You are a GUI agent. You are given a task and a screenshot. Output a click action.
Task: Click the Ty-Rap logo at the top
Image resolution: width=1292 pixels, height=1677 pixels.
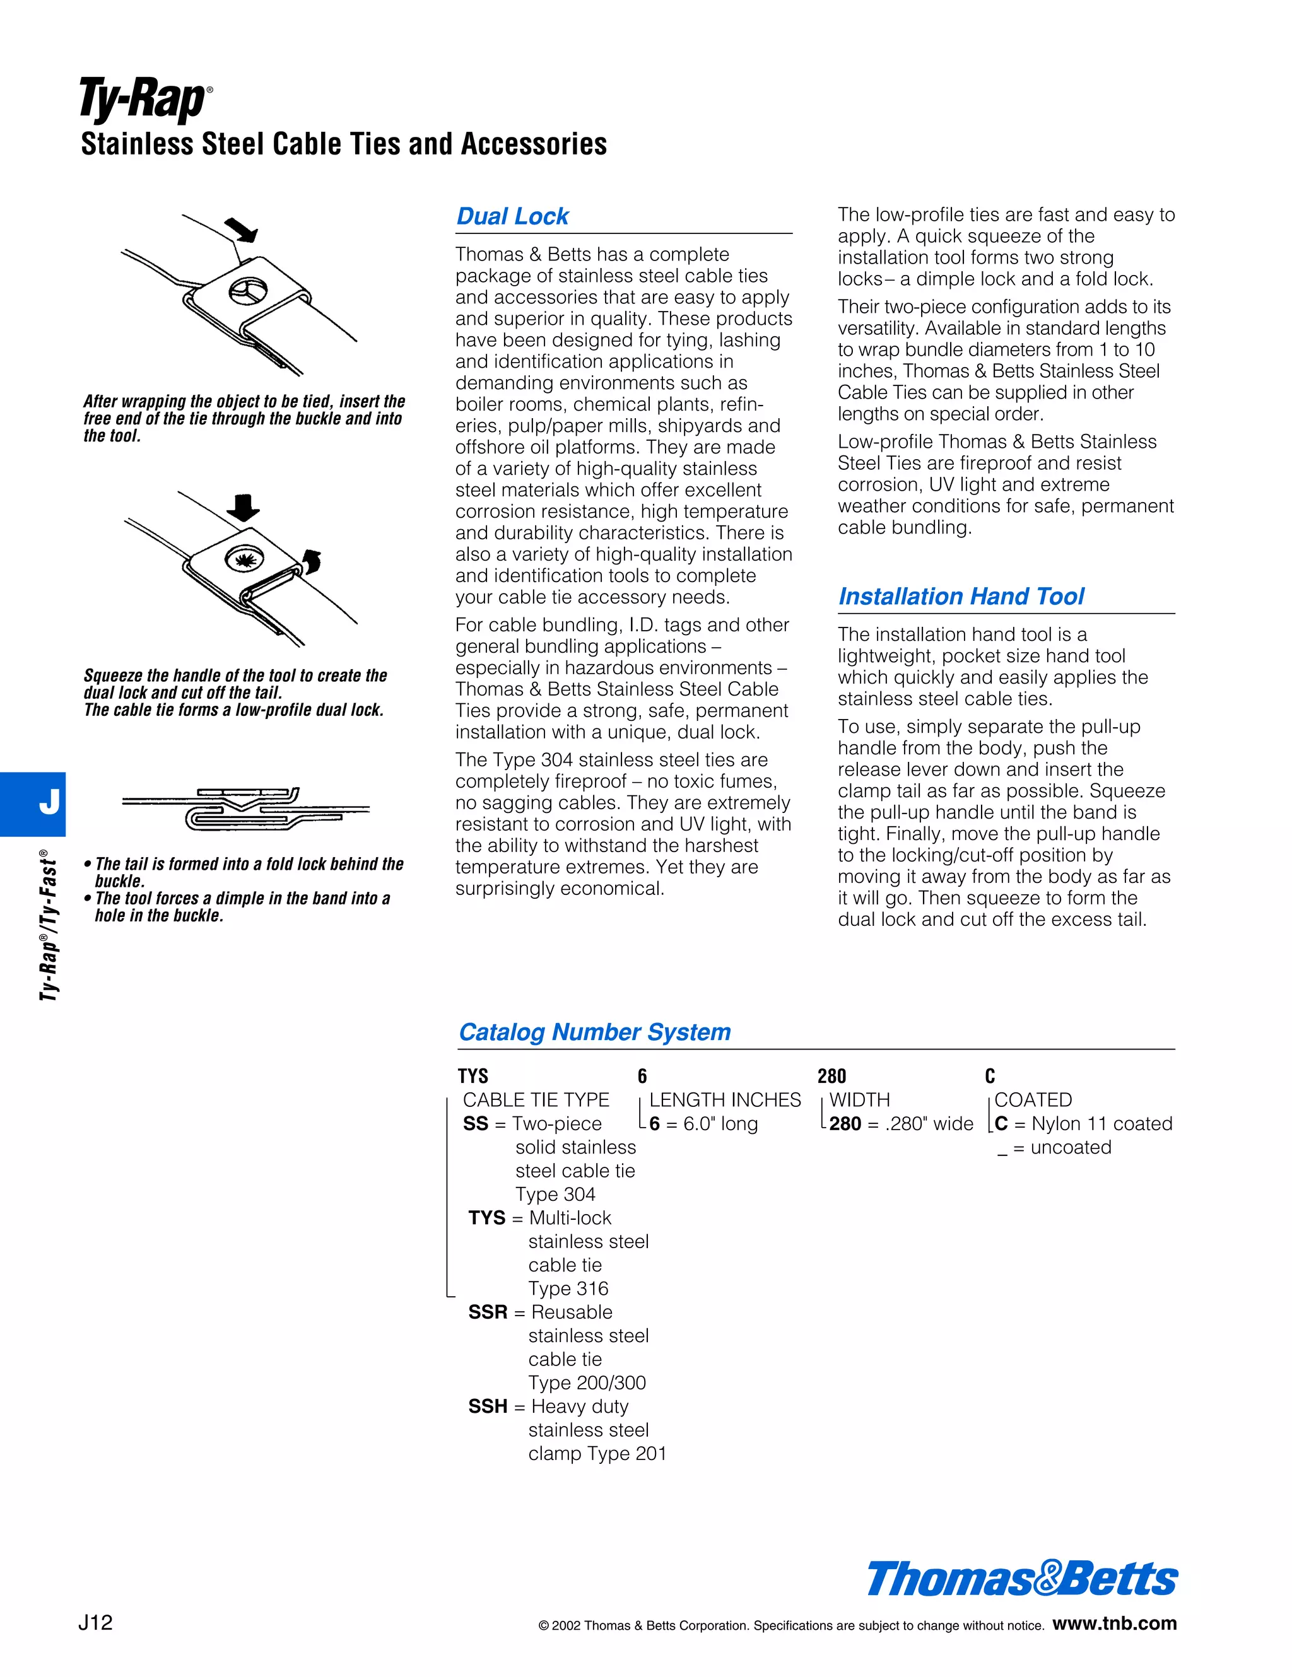(x=144, y=100)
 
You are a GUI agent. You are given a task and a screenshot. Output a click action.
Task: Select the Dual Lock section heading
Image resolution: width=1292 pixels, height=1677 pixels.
(x=512, y=216)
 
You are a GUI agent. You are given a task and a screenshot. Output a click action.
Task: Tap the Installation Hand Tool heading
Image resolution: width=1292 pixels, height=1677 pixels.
(x=961, y=597)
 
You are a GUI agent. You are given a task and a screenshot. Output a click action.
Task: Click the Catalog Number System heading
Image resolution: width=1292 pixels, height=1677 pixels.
(x=594, y=1032)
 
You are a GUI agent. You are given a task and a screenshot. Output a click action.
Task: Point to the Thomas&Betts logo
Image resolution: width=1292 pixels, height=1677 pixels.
(x=1021, y=1579)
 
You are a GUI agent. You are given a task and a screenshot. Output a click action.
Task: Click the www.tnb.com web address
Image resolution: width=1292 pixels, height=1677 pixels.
(x=1114, y=1623)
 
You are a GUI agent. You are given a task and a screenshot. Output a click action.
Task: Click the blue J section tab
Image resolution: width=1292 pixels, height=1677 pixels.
(x=33, y=803)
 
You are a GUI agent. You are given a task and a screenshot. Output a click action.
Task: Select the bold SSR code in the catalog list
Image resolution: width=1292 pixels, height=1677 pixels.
(x=488, y=1312)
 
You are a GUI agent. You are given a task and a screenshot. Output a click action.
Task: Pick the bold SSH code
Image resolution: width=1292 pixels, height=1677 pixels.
(x=488, y=1406)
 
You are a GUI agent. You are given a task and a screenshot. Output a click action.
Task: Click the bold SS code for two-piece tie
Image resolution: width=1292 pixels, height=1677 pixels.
(x=476, y=1124)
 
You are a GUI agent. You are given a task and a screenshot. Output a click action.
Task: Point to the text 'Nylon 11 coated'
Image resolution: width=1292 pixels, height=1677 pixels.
(x=1101, y=1124)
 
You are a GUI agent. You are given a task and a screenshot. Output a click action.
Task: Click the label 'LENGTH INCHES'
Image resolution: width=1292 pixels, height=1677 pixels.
(x=724, y=1101)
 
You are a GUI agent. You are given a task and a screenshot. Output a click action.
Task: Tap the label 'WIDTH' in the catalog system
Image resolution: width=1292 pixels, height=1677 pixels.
(x=859, y=1101)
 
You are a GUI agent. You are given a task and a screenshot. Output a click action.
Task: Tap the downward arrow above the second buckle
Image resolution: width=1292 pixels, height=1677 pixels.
(x=244, y=508)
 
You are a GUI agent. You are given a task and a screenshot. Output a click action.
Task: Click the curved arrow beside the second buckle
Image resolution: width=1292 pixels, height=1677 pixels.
(x=312, y=561)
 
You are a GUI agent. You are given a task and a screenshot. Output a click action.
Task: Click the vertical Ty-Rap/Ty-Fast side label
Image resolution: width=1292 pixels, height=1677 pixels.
(x=49, y=925)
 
